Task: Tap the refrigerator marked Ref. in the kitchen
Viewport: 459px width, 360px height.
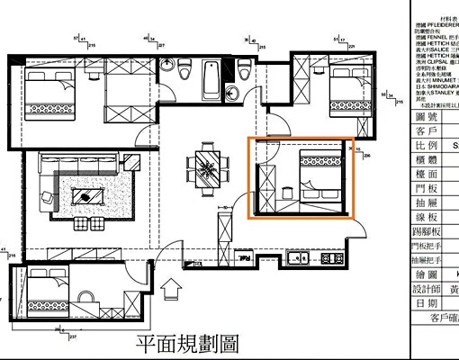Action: [x=244, y=258]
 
